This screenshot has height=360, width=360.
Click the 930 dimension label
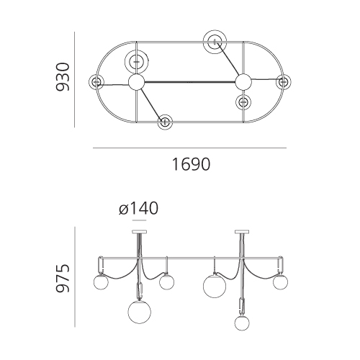[63, 77]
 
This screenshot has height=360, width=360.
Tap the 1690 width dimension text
[191, 164]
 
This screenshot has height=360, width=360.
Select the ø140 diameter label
[139, 208]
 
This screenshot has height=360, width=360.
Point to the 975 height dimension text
[63, 278]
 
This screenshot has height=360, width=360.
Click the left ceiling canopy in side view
[140, 232]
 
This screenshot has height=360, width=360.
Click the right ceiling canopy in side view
[242, 232]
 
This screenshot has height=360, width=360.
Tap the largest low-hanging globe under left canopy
[140, 312]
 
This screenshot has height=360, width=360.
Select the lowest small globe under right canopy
[242, 323]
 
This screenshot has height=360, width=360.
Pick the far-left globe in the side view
[101, 282]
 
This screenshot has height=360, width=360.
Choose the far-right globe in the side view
[280, 282]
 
